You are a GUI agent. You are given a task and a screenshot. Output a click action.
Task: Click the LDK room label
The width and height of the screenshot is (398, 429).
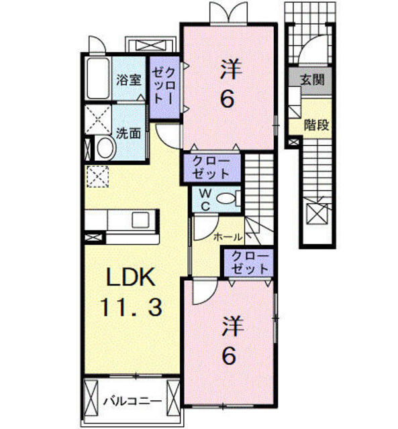[x=130, y=277]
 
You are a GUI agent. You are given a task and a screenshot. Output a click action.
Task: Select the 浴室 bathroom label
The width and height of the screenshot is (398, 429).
[x=129, y=80]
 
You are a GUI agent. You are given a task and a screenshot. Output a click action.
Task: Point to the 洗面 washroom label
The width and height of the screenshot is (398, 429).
[x=128, y=133]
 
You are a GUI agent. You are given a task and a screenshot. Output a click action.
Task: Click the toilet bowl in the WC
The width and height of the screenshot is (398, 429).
[x=228, y=198]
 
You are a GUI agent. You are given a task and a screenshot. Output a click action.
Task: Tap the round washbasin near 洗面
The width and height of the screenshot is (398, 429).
[x=103, y=147]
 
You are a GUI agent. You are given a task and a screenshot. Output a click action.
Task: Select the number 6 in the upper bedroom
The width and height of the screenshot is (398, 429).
[x=228, y=99]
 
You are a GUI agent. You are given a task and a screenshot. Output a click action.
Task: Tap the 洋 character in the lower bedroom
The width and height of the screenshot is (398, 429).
[x=230, y=326]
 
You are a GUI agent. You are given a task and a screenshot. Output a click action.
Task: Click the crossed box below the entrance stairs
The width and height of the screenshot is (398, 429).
[x=315, y=215]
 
